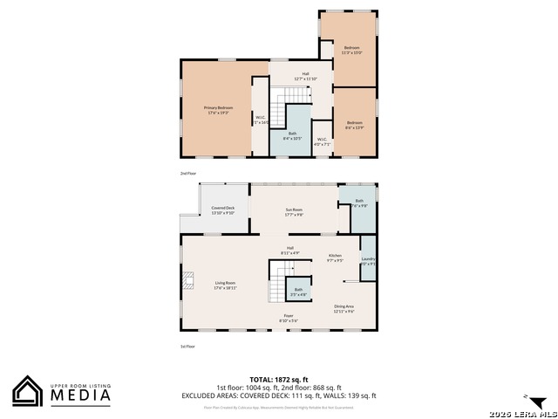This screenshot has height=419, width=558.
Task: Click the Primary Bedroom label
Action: (x=219, y=109)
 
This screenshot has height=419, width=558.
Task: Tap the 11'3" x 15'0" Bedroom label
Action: (x=351, y=49)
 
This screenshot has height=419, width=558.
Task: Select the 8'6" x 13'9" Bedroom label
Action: (x=354, y=125)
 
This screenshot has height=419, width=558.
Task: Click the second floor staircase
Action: (x=278, y=111)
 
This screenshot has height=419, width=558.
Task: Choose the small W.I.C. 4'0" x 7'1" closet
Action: (x=322, y=141)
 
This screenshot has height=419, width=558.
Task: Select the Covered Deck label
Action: (x=223, y=209)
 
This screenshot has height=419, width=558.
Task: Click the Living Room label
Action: (x=226, y=285)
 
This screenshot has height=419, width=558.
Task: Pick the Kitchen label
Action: (x=335, y=258)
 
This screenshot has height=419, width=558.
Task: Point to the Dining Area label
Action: (x=344, y=307)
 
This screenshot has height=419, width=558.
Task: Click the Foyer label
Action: (x=288, y=318)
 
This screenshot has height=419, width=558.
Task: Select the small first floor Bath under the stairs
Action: (x=298, y=292)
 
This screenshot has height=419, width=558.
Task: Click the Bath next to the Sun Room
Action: (x=359, y=204)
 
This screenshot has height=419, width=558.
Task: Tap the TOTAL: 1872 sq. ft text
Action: (x=278, y=381)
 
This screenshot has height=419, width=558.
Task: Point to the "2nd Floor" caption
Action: (x=188, y=174)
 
